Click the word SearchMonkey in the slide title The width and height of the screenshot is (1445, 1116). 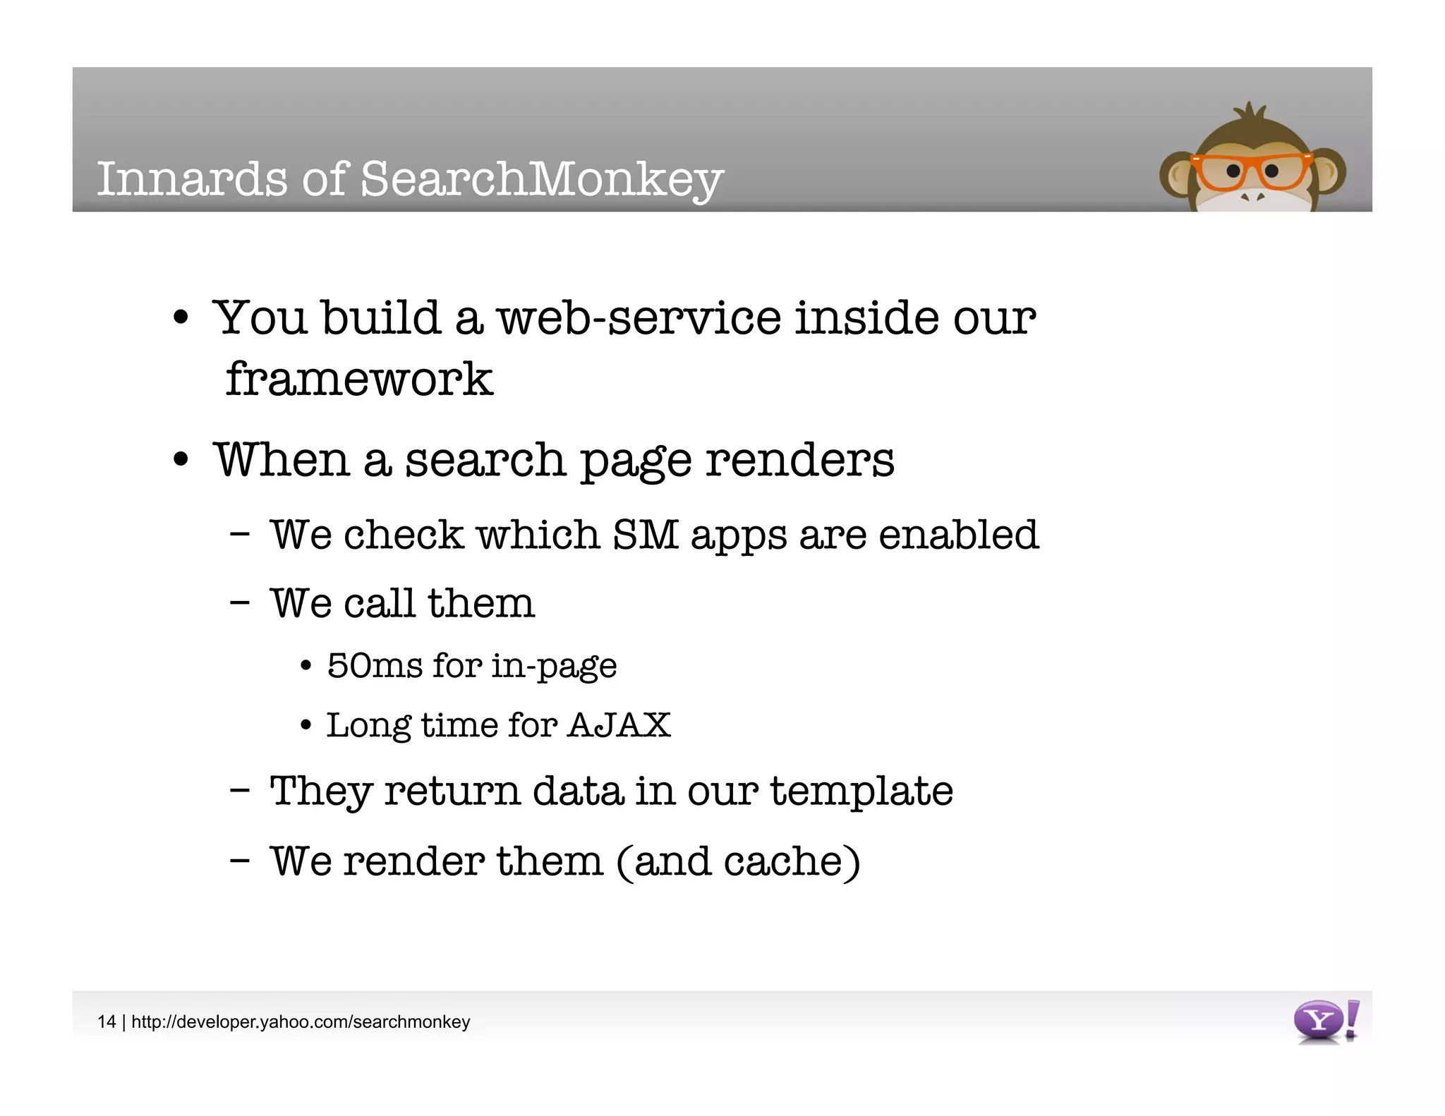[542, 179]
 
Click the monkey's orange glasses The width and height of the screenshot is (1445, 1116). [1250, 171]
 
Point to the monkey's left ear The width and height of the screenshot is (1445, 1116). [1175, 176]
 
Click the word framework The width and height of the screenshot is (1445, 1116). [359, 380]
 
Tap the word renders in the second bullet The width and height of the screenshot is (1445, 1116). [799, 460]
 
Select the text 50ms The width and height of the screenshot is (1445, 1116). [374, 665]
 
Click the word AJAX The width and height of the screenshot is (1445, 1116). [619, 725]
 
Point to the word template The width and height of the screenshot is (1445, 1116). [861, 791]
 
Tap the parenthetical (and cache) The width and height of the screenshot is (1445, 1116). [738, 861]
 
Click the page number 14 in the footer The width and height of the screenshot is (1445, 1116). [107, 1021]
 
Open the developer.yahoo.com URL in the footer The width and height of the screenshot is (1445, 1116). [301, 1021]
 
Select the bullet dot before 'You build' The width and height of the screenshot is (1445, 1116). [181, 318]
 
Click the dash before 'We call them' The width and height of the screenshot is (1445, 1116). [240, 603]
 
